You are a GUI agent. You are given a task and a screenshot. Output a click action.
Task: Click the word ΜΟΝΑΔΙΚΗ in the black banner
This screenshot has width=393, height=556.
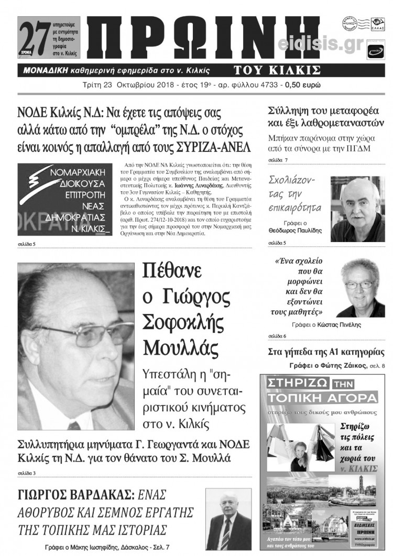[46, 70]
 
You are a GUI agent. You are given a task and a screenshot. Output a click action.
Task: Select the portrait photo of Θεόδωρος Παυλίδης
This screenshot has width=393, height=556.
[357, 209]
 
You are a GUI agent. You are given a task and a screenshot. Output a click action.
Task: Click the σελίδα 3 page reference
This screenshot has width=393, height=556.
[26, 474]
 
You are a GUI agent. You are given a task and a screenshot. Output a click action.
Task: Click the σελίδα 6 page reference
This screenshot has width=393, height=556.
[277, 335]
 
